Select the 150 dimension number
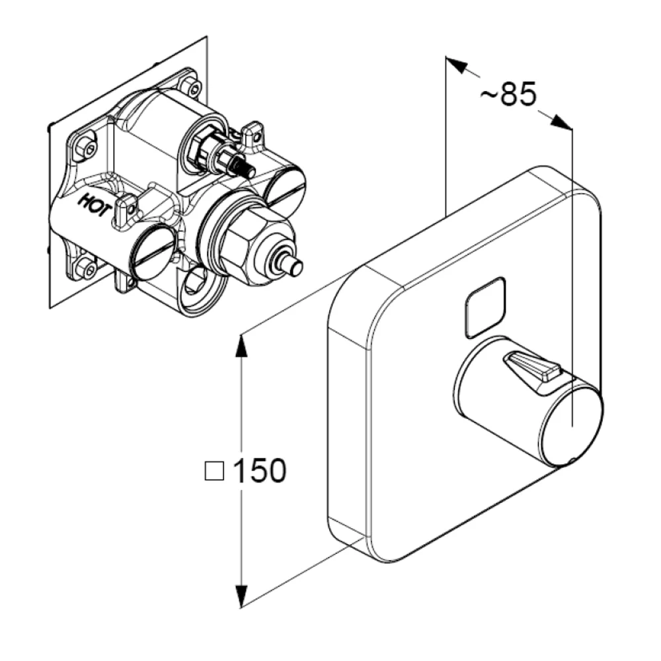[x=259, y=471]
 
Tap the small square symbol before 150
[x=214, y=471]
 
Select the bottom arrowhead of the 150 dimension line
[x=241, y=596]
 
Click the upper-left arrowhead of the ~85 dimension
[x=456, y=65]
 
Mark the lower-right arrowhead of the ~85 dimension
[x=561, y=122]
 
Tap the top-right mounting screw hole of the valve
[x=194, y=89]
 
